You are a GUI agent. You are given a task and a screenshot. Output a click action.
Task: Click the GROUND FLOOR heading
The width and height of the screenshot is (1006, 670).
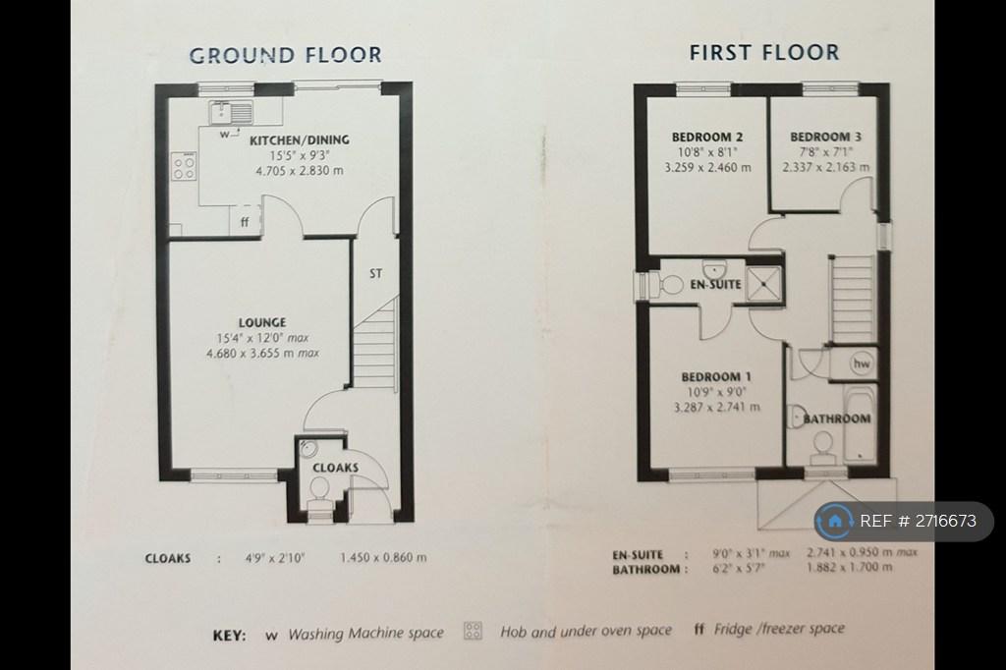pyautogui.click(x=286, y=55)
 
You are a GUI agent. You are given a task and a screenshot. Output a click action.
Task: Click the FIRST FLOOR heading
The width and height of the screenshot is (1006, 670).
pyautogui.click(x=764, y=52)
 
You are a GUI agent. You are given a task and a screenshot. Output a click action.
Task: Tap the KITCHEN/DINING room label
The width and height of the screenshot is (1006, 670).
pyautogui.click(x=300, y=140)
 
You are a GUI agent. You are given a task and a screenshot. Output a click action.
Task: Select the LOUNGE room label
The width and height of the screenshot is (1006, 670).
pyautogui.click(x=262, y=322)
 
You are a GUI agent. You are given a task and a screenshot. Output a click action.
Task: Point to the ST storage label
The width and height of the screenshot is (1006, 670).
pyautogui.click(x=376, y=273)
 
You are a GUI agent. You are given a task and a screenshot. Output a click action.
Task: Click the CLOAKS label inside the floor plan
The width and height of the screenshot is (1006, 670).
pyautogui.click(x=336, y=468)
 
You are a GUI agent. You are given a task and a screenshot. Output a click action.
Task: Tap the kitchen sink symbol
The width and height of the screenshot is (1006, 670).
pyautogui.click(x=231, y=112)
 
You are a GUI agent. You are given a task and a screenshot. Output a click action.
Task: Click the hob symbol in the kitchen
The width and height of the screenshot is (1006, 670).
pyautogui.click(x=184, y=166)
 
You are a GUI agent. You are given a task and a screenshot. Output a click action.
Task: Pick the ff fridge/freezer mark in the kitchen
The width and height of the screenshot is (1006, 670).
pyautogui.click(x=245, y=223)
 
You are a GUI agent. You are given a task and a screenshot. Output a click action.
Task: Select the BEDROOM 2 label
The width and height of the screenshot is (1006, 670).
pyautogui.click(x=707, y=137)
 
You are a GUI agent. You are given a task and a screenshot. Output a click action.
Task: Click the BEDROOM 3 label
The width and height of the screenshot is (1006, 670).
pyautogui.click(x=825, y=137)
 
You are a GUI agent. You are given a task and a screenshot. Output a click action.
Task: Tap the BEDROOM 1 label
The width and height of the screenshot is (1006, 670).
pyautogui.click(x=716, y=376)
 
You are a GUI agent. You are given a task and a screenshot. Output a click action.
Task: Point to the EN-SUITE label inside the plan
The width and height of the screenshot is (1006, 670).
pyautogui.click(x=715, y=284)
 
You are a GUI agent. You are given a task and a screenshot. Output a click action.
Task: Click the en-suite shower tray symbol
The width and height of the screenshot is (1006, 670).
pyautogui.click(x=763, y=283)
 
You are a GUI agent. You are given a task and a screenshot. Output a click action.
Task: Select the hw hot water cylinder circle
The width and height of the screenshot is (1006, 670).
pyautogui.click(x=862, y=363)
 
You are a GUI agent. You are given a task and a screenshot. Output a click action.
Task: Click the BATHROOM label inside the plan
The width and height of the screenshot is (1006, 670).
pyautogui.click(x=837, y=419)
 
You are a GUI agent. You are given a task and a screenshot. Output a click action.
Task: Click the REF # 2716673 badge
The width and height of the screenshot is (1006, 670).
pyautogui.click(x=904, y=521)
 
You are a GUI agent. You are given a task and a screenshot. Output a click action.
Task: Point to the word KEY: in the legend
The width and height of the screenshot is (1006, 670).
pyautogui.click(x=229, y=636)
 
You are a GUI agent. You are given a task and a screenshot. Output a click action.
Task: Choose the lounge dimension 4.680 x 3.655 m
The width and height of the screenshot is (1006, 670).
pyautogui.click(x=262, y=353)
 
